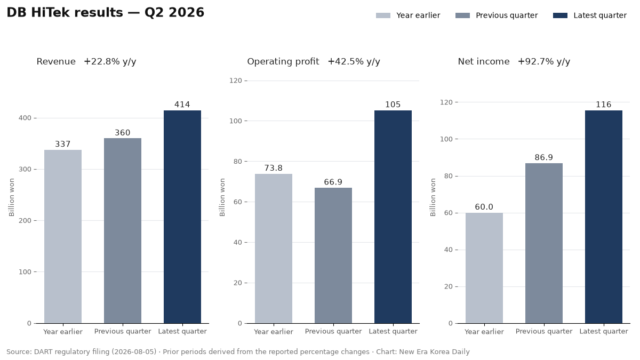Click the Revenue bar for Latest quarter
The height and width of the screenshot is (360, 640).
tap(182, 217)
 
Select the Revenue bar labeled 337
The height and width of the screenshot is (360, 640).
tap(63, 237)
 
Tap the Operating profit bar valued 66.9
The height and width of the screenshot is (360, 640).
tap(333, 255)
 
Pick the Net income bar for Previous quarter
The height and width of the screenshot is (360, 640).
tap(543, 243)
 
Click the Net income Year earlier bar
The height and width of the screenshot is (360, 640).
tap(484, 268)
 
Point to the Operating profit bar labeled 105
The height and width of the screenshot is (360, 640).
tap(393, 217)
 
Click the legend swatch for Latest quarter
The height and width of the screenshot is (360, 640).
tap(560, 15)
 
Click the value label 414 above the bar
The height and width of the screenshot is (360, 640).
tap(182, 105)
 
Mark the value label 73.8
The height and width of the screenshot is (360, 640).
tap(274, 168)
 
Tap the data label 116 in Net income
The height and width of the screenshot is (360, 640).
tap(603, 105)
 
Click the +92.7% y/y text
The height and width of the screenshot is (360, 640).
tap(543, 62)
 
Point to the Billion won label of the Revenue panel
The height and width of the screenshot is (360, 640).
tap(11, 197)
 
